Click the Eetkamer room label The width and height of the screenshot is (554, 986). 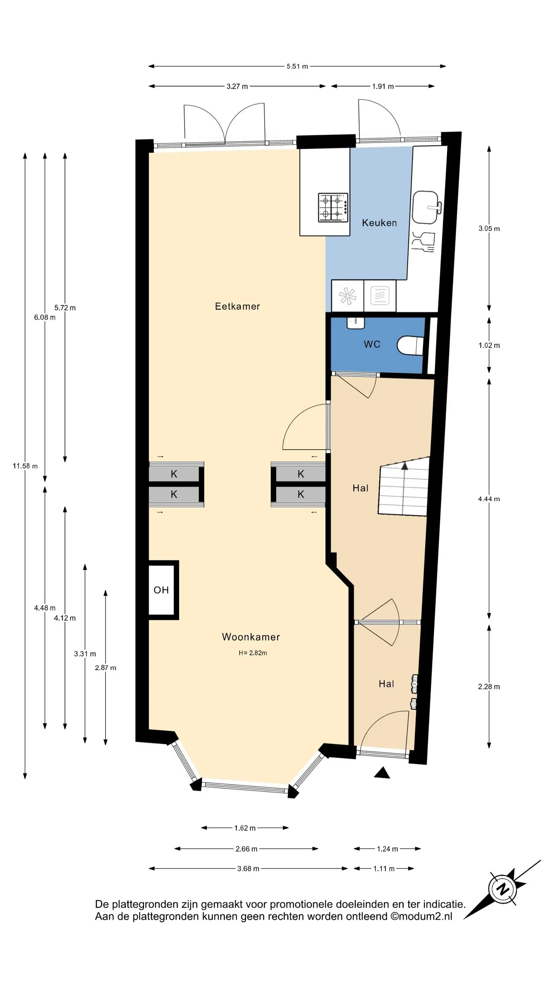[x=237, y=306]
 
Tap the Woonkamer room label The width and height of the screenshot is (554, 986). [x=251, y=637]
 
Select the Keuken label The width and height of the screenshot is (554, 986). [x=379, y=223]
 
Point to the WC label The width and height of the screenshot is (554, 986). [x=372, y=344]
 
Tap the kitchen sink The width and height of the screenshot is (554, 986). [x=426, y=207]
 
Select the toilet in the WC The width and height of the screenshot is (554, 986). [x=410, y=346]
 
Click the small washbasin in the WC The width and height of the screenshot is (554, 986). [x=355, y=323]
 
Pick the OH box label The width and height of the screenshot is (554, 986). [x=161, y=590]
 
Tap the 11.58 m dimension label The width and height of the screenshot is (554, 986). [x=25, y=466]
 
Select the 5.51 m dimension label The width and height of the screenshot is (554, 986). [x=297, y=66]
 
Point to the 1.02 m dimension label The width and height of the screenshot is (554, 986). [x=489, y=345]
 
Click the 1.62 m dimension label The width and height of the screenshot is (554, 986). [x=245, y=828]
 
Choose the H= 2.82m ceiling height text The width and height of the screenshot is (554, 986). [x=253, y=653]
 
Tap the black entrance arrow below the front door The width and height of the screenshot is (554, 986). [x=382, y=773]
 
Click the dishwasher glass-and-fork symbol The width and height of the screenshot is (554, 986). [x=424, y=242]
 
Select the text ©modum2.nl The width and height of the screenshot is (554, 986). [x=421, y=916]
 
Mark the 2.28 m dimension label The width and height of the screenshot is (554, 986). [x=489, y=687]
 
